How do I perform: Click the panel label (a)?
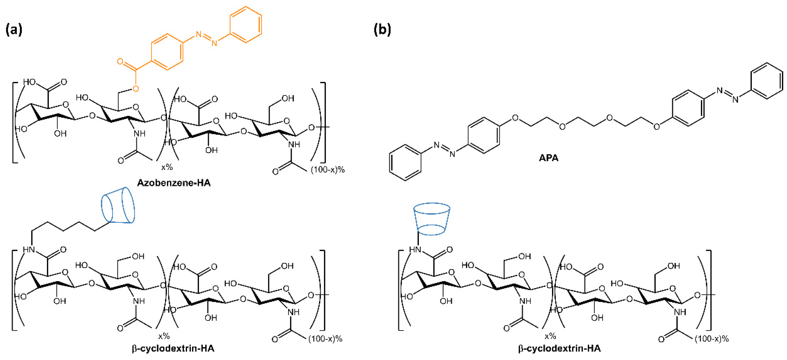(x=14, y=30)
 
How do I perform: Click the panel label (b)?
(x=382, y=30)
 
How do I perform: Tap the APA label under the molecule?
(x=548, y=158)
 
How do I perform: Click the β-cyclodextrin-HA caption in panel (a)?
(x=173, y=348)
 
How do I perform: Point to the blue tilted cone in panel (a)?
(x=118, y=205)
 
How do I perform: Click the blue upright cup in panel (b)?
(x=431, y=219)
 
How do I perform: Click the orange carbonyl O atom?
(x=120, y=61)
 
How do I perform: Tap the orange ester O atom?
(x=135, y=89)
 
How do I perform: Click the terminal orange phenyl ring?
(x=246, y=24)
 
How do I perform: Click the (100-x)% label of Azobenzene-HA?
(x=328, y=170)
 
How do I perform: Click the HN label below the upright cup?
(x=415, y=250)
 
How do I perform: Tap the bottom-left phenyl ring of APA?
(x=405, y=163)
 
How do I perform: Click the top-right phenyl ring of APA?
(x=767, y=81)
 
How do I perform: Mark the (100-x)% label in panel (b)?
(x=711, y=339)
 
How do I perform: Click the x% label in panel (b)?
(x=550, y=336)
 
